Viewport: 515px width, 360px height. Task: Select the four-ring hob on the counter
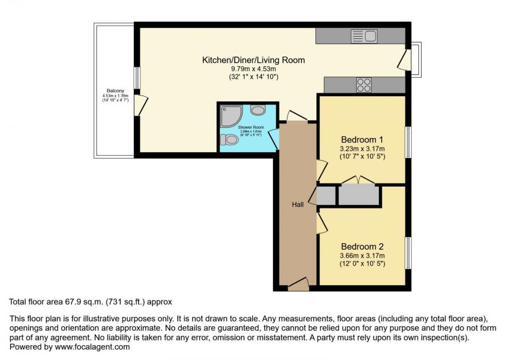[364, 85]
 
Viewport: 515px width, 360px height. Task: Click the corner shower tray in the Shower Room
[229, 116]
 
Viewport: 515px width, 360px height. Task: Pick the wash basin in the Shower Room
[258, 110]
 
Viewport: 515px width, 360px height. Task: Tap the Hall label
[298, 205]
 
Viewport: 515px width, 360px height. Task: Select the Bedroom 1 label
[362, 140]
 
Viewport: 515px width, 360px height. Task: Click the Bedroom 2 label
[362, 245]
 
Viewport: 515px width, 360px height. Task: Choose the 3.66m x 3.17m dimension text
[362, 256]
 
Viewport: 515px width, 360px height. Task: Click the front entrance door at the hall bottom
[299, 283]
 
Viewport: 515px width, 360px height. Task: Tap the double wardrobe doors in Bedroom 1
[358, 181]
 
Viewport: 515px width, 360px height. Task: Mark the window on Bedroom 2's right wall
[409, 252]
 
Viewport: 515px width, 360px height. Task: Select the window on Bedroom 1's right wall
[409, 142]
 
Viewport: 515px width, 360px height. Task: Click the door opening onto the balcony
[141, 104]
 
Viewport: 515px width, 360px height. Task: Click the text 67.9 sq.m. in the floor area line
[74, 302]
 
